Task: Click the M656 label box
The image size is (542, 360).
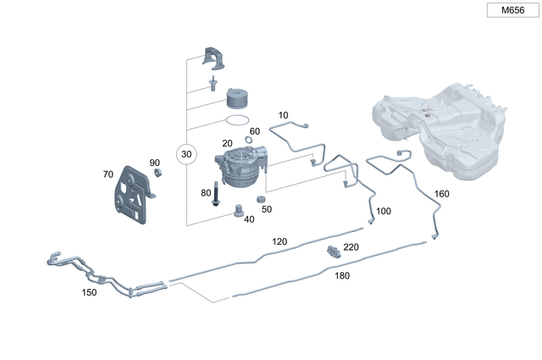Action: (x=512, y=10)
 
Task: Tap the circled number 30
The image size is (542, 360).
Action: (x=186, y=154)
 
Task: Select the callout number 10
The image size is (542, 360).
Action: (x=283, y=115)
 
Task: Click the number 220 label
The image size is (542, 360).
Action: (x=351, y=246)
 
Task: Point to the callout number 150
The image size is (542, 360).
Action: (x=89, y=292)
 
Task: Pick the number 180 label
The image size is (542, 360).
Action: (x=342, y=275)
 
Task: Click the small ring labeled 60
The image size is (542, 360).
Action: (x=248, y=140)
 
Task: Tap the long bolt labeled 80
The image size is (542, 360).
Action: (x=216, y=194)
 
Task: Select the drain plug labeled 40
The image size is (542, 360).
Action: (x=237, y=211)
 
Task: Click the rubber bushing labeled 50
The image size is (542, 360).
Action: (x=261, y=200)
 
